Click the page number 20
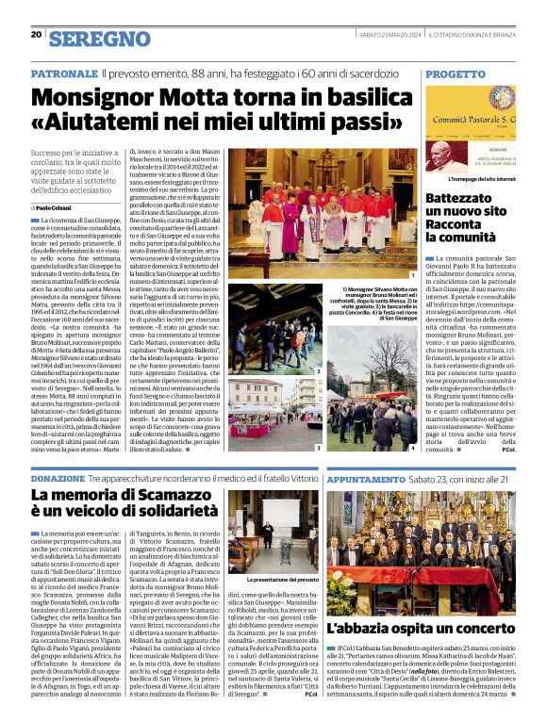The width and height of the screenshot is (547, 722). pos(35,36)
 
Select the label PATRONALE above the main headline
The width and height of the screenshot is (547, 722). pos(65,74)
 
